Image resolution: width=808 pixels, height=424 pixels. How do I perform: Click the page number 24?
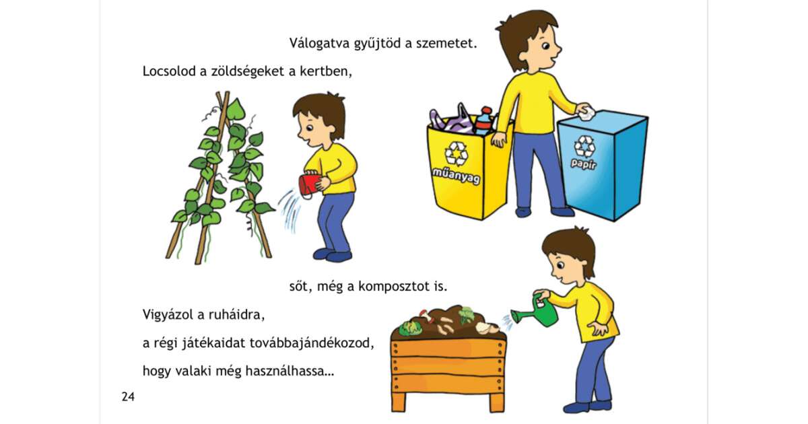(128, 396)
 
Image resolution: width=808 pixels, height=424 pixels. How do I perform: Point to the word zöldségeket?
(248, 71)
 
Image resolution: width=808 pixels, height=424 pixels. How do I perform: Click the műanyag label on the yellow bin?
(456, 176)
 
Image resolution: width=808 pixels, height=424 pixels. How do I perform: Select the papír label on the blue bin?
(584, 164)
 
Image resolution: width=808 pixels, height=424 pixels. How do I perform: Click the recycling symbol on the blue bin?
(584, 146)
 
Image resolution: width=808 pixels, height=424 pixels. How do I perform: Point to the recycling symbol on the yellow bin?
(457, 153)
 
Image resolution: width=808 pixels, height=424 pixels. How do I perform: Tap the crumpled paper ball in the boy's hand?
(586, 112)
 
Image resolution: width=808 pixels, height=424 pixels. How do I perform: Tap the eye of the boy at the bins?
(545, 46)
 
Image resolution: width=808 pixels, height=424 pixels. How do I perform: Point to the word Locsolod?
(169, 71)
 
